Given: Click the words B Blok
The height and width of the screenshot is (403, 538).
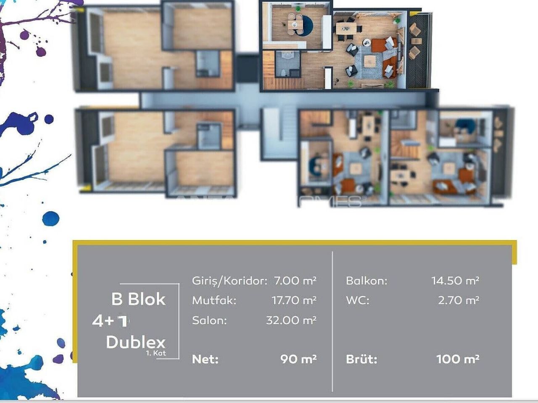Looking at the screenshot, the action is coord(138,299).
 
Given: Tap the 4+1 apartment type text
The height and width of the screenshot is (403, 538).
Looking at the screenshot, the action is coord(110,321).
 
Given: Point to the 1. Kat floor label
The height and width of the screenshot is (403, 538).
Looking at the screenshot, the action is coord(156,353).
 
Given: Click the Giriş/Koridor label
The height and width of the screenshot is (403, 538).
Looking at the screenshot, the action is coord(229,281).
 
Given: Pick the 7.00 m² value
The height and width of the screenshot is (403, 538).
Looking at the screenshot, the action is coord(295,280).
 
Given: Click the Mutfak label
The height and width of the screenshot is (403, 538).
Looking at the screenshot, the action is coord(214,301).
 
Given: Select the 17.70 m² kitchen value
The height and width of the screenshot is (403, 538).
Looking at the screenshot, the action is coord(294,300).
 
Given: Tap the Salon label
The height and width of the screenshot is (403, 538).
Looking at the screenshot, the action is coord(209,320).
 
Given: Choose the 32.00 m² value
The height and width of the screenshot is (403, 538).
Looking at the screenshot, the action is coord(291,320).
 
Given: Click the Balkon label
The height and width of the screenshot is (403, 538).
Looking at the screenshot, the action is coord(367,281).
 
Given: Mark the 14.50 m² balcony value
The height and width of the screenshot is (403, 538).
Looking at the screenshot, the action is coord(455,280).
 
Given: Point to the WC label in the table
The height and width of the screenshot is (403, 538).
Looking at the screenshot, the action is coord(358,301).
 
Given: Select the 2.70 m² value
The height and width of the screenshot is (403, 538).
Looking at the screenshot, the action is coord(459,300).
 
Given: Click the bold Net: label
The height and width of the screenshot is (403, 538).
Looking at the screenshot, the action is coord(205,359).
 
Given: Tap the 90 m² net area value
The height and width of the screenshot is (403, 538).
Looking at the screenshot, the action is coord(298,359).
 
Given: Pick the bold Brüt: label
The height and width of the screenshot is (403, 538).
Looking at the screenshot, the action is coord(361,359).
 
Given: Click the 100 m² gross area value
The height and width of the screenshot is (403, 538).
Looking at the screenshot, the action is coord(458,359).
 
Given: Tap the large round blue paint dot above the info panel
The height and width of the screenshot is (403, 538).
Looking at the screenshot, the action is coord(51,219).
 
